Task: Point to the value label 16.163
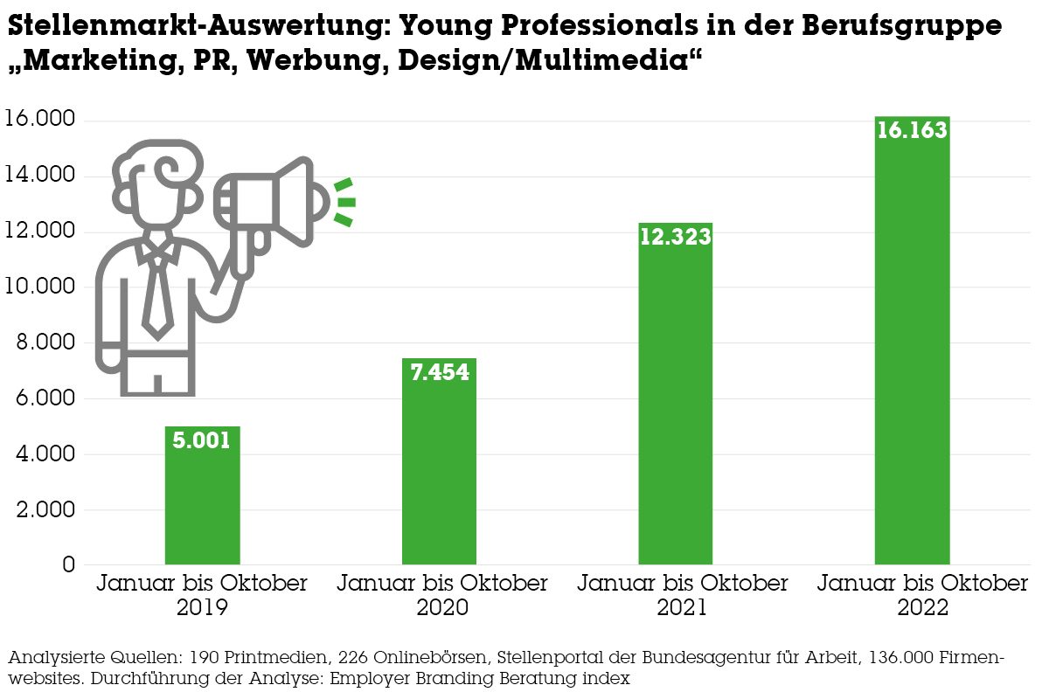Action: point(912,131)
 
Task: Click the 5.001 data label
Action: point(202,440)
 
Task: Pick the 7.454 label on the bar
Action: point(439,372)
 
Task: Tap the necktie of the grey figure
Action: point(157,293)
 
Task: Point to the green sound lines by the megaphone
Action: point(344,203)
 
